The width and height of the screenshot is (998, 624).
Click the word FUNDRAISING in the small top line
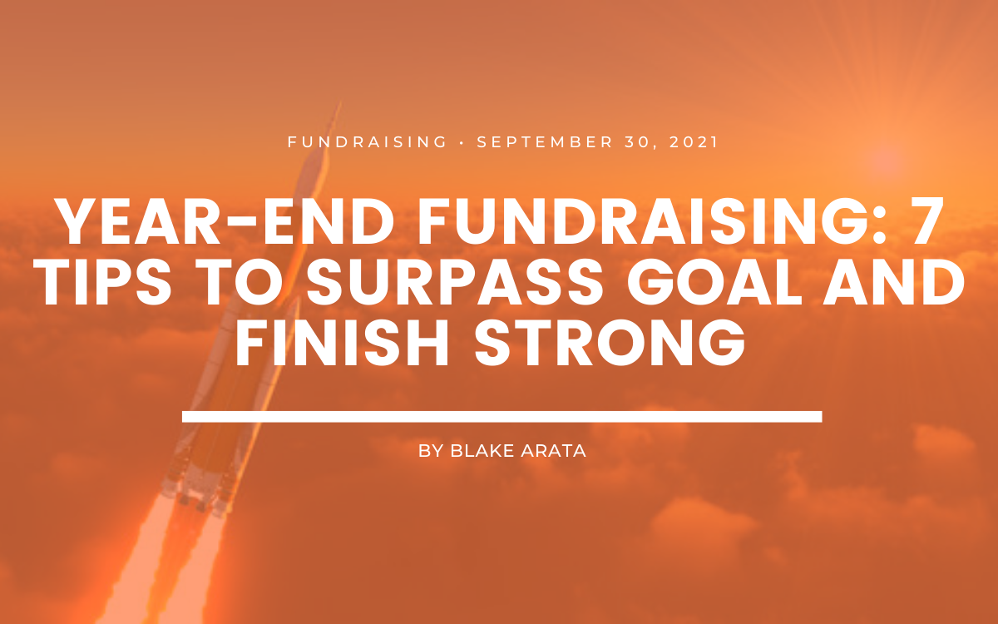(x=367, y=142)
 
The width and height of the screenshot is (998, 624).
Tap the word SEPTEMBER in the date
(x=546, y=142)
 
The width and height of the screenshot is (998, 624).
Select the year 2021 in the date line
(x=694, y=142)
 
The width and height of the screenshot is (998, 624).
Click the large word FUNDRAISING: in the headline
(x=652, y=222)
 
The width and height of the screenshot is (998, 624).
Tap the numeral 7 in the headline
(x=926, y=222)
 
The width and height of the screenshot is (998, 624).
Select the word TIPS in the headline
(x=105, y=283)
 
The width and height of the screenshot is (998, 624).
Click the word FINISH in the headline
(x=342, y=342)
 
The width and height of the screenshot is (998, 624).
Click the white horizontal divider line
(x=502, y=417)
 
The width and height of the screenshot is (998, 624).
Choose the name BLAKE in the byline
(x=482, y=451)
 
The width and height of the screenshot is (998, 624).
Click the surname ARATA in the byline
(x=553, y=451)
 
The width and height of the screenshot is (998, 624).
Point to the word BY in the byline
(x=431, y=451)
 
